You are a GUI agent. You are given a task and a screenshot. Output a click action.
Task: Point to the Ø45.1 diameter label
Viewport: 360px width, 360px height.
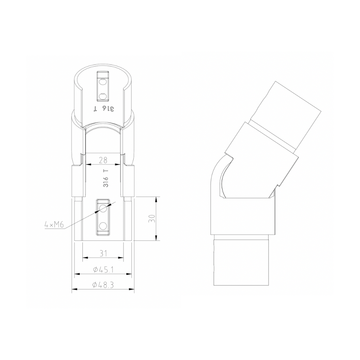click(103, 269)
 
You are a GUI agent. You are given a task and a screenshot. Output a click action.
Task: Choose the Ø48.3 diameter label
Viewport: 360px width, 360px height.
click(103, 285)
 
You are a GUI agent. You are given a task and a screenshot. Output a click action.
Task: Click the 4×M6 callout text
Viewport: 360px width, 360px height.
click(54, 225)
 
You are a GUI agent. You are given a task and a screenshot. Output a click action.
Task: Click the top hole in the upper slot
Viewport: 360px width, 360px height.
click(103, 82)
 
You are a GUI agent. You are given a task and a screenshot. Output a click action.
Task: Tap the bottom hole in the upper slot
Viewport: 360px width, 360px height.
click(103, 96)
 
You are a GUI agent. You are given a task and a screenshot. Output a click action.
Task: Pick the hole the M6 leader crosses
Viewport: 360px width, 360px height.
click(103, 208)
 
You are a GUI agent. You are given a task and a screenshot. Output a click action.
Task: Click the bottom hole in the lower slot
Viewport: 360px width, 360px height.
click(103, 226)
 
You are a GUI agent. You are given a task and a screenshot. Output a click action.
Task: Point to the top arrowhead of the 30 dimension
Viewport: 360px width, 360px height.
click(156, 199)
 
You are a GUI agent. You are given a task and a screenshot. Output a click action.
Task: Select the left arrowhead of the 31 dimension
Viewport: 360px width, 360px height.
click(85, 257)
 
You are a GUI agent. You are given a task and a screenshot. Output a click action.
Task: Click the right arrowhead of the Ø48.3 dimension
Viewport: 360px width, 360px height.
click(132, 289)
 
